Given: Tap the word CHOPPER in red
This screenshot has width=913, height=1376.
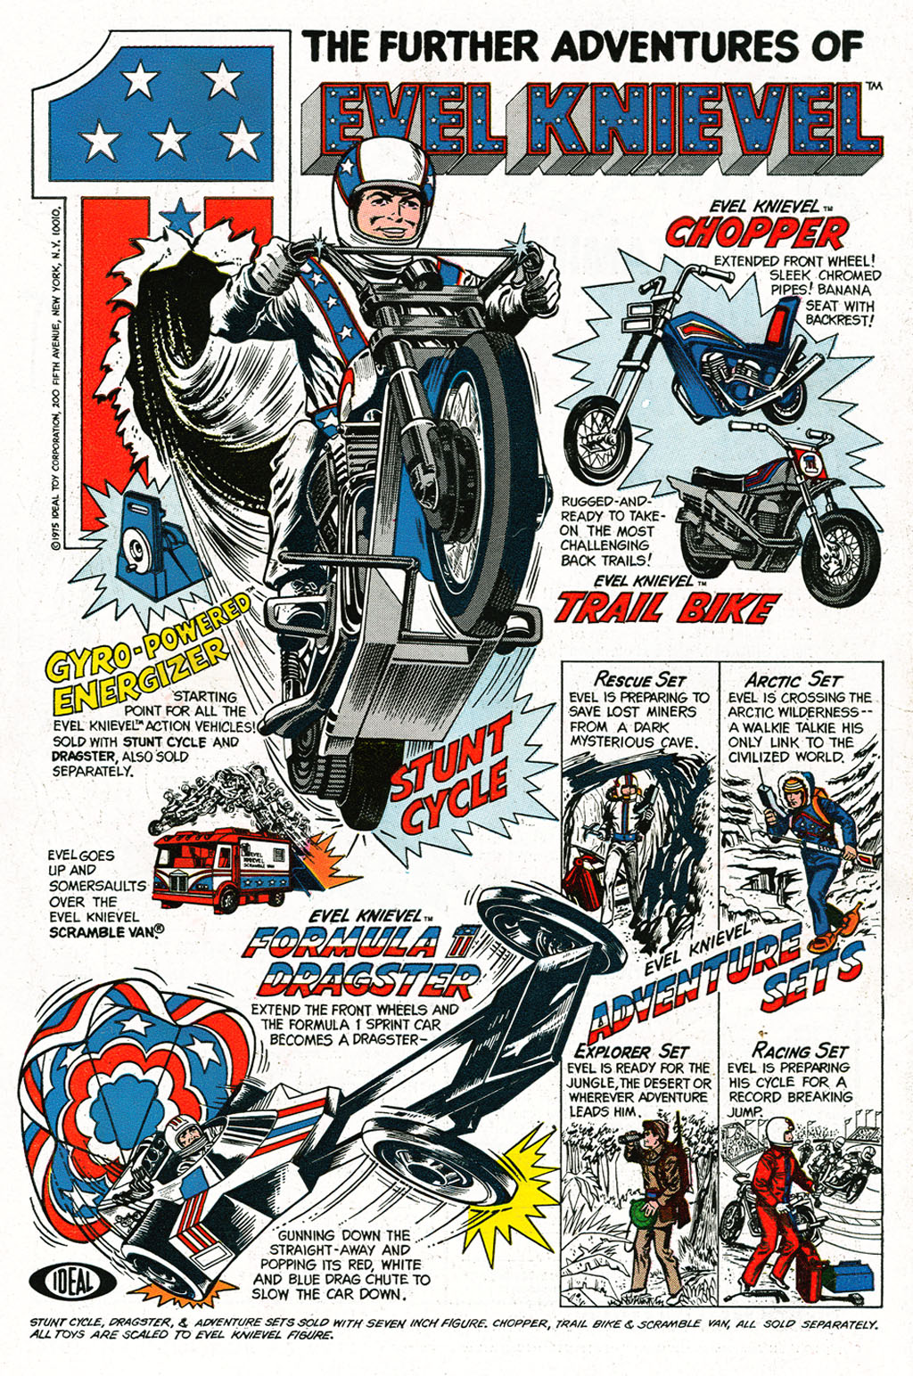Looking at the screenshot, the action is point(756,234).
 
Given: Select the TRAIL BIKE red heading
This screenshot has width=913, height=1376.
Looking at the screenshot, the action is point(664,608).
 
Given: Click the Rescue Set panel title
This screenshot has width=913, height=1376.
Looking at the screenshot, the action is point(640,680).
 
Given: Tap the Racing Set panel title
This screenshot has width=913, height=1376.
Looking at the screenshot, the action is point(800,1051).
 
